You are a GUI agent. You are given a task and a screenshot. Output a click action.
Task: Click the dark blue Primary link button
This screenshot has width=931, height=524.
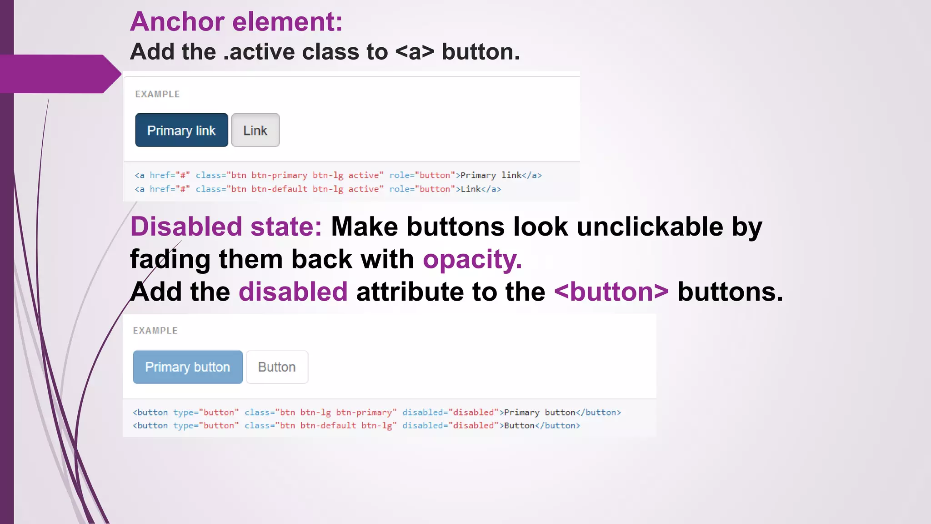pos(181,130)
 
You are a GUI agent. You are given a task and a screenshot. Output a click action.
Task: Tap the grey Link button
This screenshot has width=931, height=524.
pos(255,130)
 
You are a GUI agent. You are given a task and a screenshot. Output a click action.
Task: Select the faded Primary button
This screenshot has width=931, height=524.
pos(188,367)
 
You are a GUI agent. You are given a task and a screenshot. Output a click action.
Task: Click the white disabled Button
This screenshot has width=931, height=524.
pos(277,367)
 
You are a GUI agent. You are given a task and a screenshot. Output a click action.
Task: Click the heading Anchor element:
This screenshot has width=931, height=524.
pos(236,21)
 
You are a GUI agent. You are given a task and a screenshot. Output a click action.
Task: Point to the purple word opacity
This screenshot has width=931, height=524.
pos(472,259)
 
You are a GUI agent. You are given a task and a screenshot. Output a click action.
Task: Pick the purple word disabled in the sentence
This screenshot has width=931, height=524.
pos(293,292)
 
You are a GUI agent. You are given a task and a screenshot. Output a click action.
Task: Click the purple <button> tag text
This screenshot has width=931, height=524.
pos(611,292)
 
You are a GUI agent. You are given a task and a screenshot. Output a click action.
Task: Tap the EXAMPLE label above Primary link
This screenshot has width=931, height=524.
pos(157,94)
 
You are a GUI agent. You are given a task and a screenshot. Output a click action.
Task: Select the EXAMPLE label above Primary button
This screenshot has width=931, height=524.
pos(155,331)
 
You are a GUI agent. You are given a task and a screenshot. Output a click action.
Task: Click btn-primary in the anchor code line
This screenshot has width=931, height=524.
pos(279,175)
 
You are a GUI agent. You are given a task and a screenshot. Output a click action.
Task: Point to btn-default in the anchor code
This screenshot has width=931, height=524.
pos(279,189)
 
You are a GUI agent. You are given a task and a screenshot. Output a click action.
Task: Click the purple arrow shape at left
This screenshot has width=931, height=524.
pos(59,74)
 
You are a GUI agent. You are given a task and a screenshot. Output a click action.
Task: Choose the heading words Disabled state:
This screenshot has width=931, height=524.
pos(226,227)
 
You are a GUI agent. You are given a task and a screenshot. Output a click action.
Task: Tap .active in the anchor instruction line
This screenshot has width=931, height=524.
pos(260,52)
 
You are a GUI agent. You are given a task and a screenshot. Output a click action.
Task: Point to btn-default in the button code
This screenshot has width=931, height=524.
pos(328,425)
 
